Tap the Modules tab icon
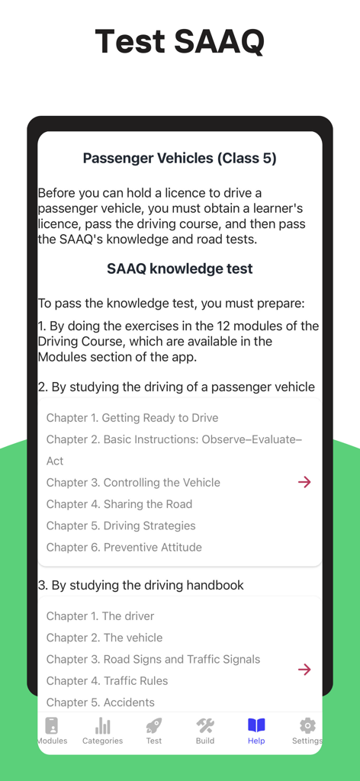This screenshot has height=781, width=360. (52, 725)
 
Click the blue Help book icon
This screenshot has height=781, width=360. (256, 725)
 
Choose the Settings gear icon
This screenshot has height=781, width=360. (307, 725)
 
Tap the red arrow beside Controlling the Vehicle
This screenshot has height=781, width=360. (304, 482)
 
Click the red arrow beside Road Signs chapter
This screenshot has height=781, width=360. (304, 670)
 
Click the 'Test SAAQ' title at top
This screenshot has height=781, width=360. (180, 41)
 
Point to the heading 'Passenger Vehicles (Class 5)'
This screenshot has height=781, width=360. (180, 159)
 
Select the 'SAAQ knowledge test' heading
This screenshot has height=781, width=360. (180, 268)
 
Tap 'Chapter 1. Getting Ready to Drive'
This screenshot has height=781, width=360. (132, 418)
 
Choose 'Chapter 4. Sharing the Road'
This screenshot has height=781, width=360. (119, 504)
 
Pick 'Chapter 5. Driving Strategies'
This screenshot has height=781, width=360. (121, 525)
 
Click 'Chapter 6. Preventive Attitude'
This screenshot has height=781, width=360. (124, 547)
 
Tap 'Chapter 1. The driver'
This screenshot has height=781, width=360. (100, 616)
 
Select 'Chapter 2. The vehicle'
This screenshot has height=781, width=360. (104, 638)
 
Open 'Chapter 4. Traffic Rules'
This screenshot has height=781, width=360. (107, 680)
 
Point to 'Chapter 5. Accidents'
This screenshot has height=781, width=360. (100, 702)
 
